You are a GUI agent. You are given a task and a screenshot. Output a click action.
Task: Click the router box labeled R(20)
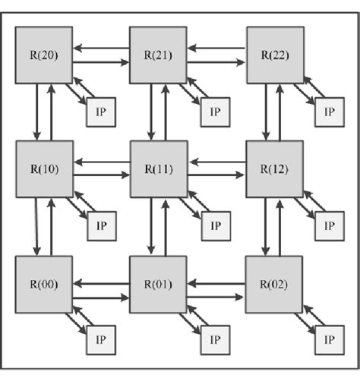coord(44,55)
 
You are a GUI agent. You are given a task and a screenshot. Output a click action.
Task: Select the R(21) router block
coord(158,55)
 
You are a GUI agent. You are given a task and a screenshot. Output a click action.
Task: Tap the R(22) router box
coord(275,55)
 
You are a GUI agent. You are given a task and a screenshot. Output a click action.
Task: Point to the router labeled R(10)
coord(44,169)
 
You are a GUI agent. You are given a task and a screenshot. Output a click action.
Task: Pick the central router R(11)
coord(158,169)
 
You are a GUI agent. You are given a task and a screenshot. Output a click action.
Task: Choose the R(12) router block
coord(275,169)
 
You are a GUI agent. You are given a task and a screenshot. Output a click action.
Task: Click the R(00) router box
coord(44,285)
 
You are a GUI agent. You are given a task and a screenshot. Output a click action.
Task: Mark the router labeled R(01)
coord(158,285)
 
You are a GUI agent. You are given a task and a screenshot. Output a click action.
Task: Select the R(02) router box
coord(275,285)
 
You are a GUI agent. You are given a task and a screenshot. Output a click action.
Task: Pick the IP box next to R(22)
coord(329,111)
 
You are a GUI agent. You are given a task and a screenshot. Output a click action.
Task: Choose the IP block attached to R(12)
coord(329,225)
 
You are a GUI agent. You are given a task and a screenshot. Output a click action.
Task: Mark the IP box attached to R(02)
coord(329,339)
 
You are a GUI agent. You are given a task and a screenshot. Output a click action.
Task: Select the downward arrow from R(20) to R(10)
coord(36,112)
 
